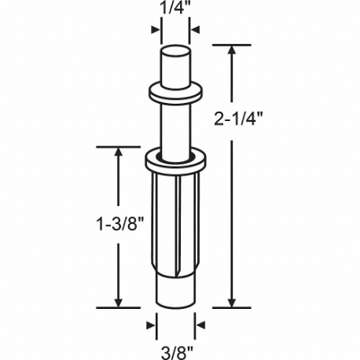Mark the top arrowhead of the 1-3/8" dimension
pos(119,152)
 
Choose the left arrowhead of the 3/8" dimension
pos(151,324)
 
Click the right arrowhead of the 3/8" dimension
pos(200,324)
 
